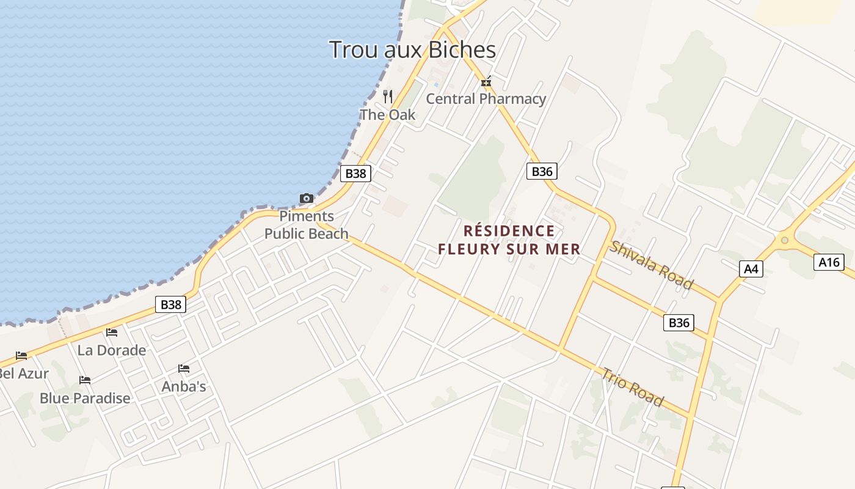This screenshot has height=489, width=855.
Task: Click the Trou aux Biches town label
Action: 412,50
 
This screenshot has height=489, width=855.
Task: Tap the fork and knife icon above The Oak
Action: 388,96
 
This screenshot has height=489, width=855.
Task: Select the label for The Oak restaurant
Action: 387,114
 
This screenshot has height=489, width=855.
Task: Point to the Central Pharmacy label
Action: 486,98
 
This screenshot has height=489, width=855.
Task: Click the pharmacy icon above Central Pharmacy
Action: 486,81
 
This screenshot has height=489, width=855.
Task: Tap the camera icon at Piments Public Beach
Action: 306,198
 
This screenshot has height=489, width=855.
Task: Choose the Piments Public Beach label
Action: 307,224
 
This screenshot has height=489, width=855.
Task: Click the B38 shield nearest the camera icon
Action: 355,173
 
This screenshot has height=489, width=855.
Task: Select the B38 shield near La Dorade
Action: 170,304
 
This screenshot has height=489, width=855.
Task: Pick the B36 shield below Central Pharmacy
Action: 542,171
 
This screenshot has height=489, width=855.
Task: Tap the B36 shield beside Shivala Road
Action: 679,323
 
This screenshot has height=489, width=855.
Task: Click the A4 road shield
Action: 751,268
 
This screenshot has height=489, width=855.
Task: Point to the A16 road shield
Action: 829,262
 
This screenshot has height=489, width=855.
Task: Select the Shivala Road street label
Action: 652,265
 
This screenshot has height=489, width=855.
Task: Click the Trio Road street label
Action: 633,386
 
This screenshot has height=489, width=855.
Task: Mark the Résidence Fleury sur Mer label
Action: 509,240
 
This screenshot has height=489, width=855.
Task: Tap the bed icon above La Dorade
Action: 112,333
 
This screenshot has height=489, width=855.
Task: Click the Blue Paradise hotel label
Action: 85,398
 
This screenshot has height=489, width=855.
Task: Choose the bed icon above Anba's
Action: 184,369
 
